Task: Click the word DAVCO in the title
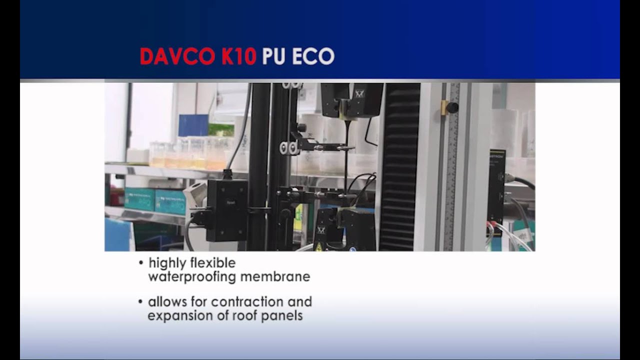click(x=178, y=56)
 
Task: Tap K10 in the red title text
click(x=239, y=56)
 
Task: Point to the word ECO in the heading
click(x=313, y=56)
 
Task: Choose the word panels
click(x=282, y=316)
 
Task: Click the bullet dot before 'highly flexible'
click(x=141, y=263)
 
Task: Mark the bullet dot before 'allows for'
click(x=141, y=302)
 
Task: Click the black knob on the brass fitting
click(x=452, y=107)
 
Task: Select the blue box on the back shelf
click(x=193, y=125)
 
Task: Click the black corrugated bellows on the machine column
click(x=399, y=165)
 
